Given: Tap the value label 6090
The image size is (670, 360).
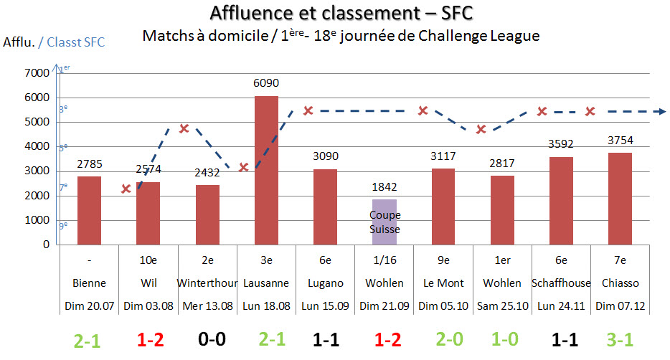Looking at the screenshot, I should (265, 84).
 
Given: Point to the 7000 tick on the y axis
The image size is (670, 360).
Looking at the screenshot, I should (38, 73).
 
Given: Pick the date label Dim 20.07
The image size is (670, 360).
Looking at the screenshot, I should (89, 305).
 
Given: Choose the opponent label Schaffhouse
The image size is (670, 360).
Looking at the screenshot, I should (561, 283).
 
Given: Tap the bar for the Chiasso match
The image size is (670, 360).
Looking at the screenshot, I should (621, 198).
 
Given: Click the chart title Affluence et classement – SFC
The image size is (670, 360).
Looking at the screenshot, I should (341, 13).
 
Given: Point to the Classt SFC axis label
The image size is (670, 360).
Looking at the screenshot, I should (75, 42).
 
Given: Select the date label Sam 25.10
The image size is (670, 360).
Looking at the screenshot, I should (502, 305).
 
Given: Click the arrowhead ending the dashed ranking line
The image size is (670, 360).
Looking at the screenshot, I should (662, 111).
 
